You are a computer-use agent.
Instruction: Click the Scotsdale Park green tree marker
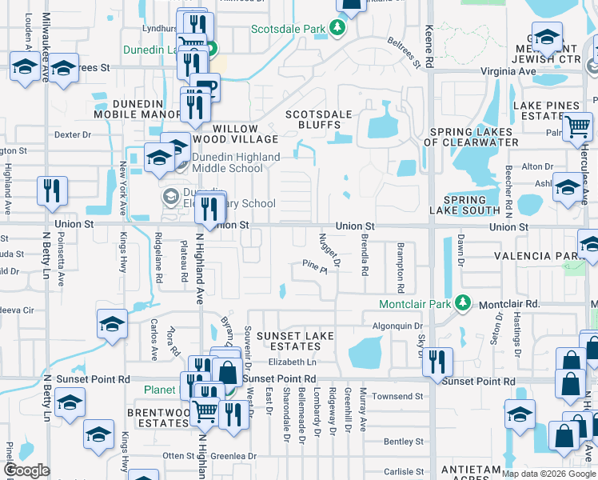click(338, 30)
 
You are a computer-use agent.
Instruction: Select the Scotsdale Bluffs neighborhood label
click(320, 119)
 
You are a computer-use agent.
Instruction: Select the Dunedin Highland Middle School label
click(229, 162)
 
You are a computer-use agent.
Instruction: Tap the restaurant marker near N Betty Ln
click(52, 192)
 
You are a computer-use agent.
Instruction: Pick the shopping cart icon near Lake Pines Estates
click(578, 127)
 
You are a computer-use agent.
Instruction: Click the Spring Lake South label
click(464, 206)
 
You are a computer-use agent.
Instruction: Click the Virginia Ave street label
click(508, 71)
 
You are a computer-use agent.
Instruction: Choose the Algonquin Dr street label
click(397, 326)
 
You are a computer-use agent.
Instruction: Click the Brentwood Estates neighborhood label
click(157, 417)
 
